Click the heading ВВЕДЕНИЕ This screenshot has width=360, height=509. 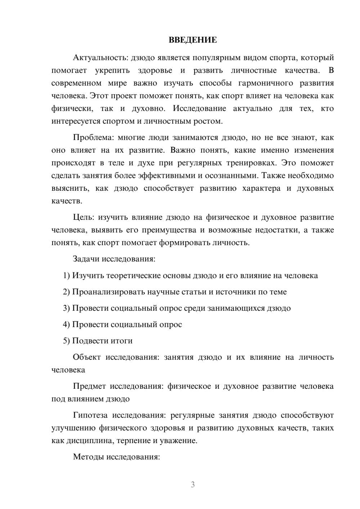click(x=193, y=40)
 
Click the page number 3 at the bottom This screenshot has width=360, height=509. click(x=193, y=485)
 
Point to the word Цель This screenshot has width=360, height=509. click(x=84, y=217)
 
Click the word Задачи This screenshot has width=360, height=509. click(x=86, y=259)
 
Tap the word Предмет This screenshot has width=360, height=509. click(x=89, y=387)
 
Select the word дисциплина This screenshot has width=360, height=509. click(x=87, y=441)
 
